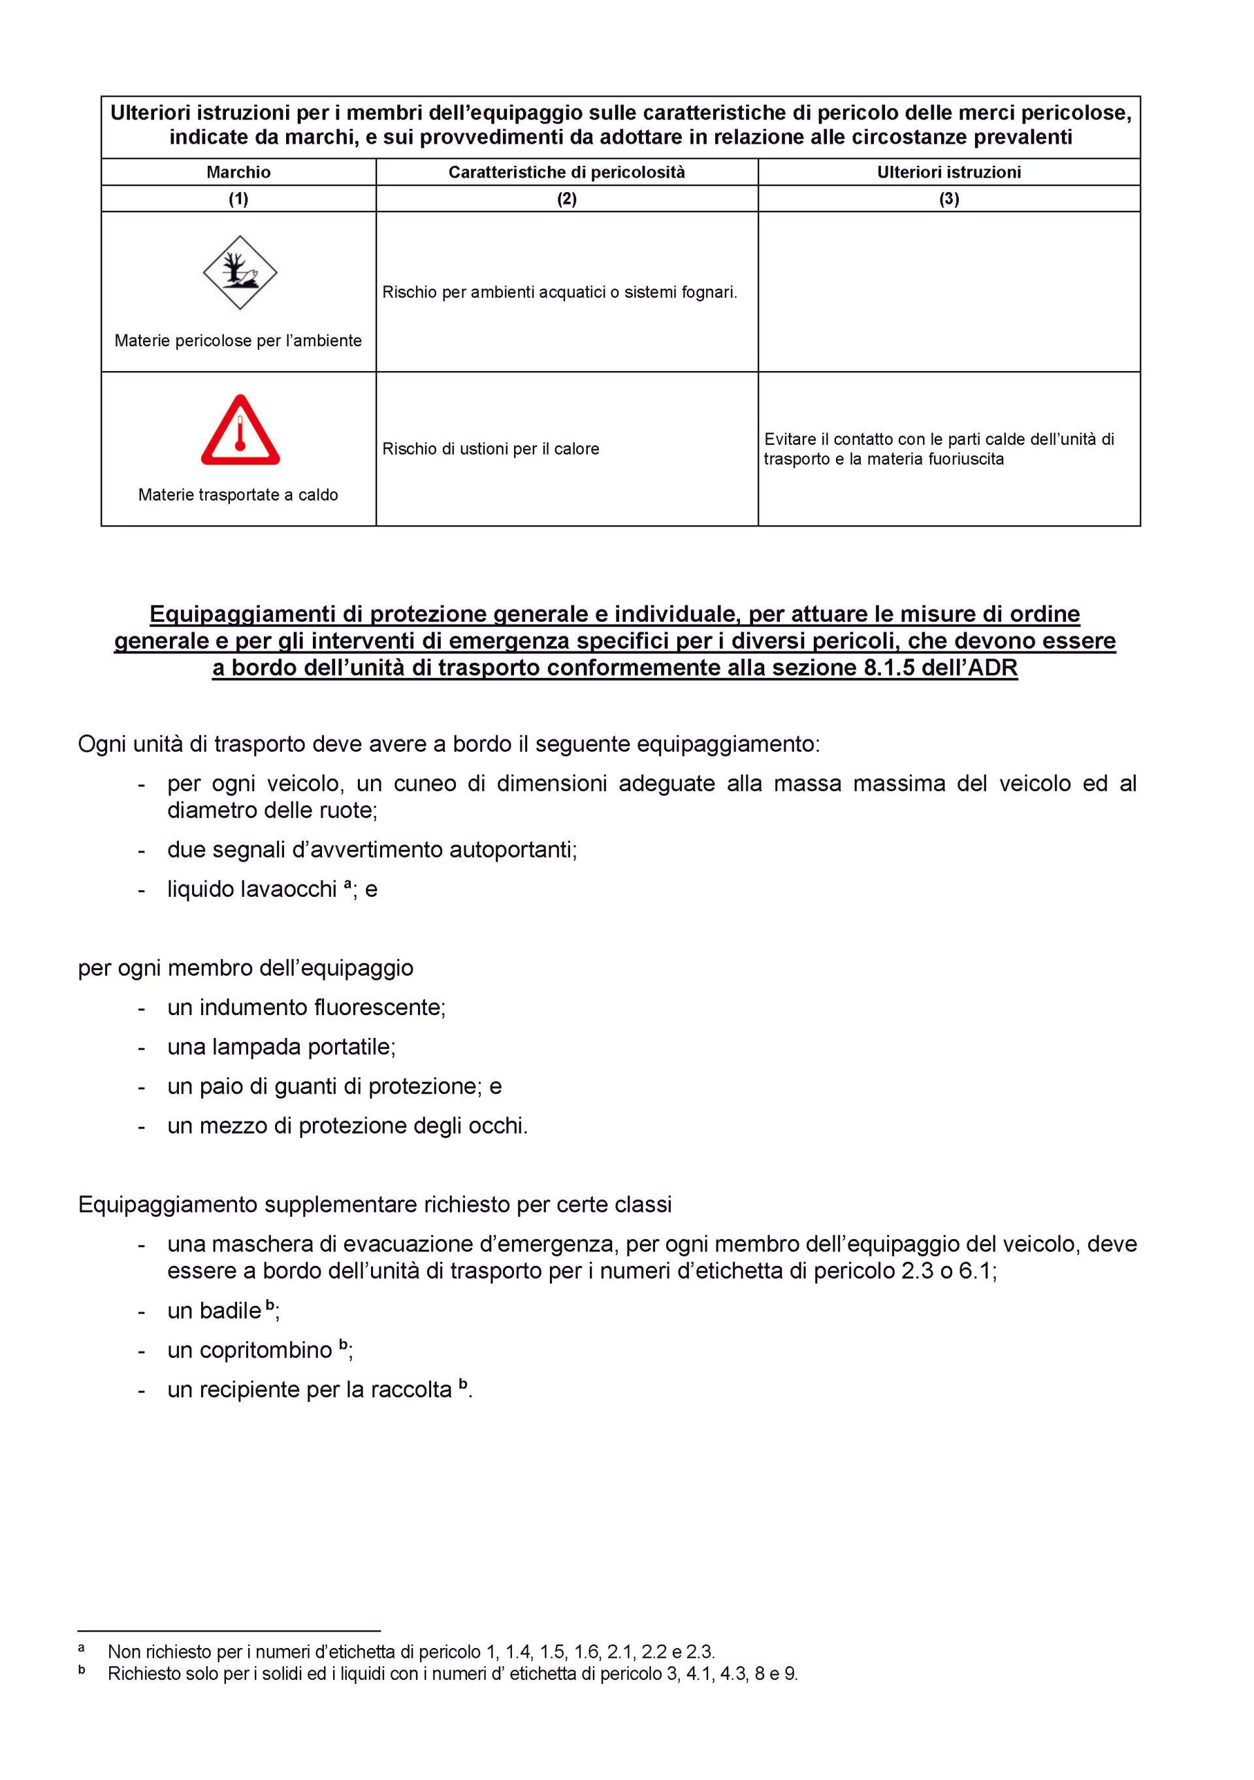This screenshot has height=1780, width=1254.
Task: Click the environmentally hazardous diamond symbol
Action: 240,273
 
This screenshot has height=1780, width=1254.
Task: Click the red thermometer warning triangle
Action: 240,431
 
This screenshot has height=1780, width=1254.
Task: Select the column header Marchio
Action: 238,172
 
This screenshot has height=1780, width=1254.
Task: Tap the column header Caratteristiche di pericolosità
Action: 566,172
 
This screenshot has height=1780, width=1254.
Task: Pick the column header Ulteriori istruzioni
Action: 948,172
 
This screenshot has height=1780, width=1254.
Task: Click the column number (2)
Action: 566,199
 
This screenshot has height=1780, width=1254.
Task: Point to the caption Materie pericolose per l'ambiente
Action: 238,340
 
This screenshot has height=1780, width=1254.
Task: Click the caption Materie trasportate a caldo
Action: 238,494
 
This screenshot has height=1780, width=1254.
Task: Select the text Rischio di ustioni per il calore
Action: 490,449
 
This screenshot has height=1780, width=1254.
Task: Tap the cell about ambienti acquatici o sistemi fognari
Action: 560,292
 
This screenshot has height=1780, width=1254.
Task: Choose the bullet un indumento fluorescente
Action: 306,1007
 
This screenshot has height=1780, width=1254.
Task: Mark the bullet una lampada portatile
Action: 281,1046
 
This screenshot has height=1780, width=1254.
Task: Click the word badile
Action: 229,1311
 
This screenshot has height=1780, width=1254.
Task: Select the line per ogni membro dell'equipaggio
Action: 246,968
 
